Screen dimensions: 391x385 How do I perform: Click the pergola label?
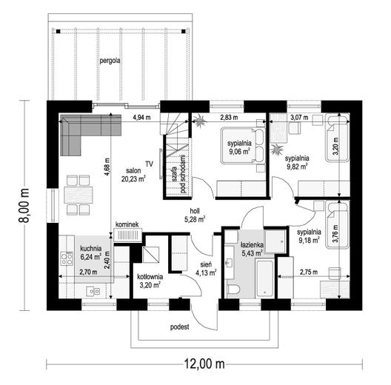[x=110, y=61]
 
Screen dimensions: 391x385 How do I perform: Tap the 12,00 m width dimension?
[x=204, y=364]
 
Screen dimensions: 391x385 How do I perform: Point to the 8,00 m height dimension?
[x=24, y=206]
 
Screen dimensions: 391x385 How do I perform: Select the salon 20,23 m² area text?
[x=133, y=175]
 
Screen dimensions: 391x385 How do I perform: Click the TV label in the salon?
[x=149, y=164]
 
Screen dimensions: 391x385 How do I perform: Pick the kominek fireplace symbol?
[x=128, y=235]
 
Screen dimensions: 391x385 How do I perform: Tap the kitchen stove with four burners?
[x=67, y=258]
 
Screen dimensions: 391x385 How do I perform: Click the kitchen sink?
[x=93, y=291]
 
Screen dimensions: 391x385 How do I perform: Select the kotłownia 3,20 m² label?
[x=150, y=281]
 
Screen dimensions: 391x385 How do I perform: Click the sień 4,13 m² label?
[x=206, y=269]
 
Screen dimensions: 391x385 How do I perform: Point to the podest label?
[x=179, y=327]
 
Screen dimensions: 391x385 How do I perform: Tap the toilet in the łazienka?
[x=233, y=289]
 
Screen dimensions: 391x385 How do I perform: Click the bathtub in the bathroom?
[x=264, y=278]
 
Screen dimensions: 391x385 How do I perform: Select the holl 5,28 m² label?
[x=195, y=215]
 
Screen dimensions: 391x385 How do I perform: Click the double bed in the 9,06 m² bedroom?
[x=243, y=145]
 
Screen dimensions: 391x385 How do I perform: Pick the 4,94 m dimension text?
[x=141, y=118]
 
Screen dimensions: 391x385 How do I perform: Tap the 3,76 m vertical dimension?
[x=335, y=234]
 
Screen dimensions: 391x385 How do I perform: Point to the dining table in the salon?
[x=78, y=195]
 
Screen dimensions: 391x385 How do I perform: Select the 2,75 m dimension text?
[x=309, y=272]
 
